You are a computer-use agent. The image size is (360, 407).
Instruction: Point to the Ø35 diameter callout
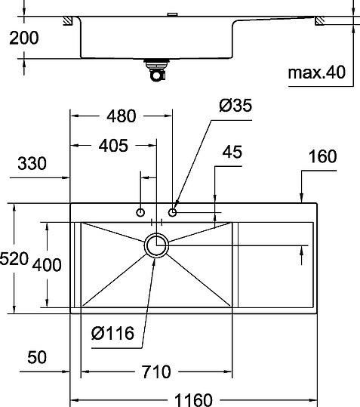click(235, 106)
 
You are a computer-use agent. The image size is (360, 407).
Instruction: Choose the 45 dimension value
click(232, 153)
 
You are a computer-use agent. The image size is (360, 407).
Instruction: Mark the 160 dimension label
click(322, 157)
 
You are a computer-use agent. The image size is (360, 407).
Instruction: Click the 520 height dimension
click(14, 259)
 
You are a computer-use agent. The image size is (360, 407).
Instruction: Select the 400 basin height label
click(47, 265)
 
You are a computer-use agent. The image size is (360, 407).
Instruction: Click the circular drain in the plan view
click(157, 245)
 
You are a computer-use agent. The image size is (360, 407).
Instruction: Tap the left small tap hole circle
click(140, 213)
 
